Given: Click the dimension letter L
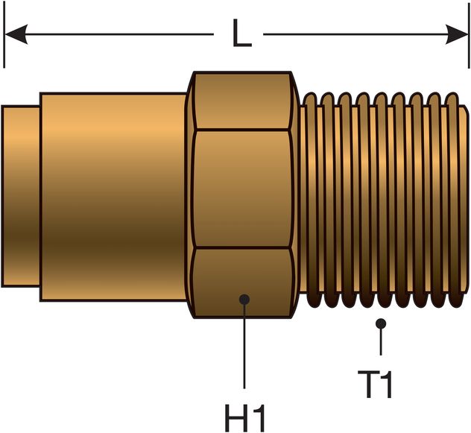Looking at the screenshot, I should [x=240, y=34].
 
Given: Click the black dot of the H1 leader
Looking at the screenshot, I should [x=244, y=300].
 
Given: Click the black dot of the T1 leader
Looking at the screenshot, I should [x=381, y=323].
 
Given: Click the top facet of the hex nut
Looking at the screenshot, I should [x=241, y=101].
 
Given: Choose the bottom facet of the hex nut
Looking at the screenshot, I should [x=241, y=279].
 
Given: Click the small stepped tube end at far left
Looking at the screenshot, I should [x=20, y=195].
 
